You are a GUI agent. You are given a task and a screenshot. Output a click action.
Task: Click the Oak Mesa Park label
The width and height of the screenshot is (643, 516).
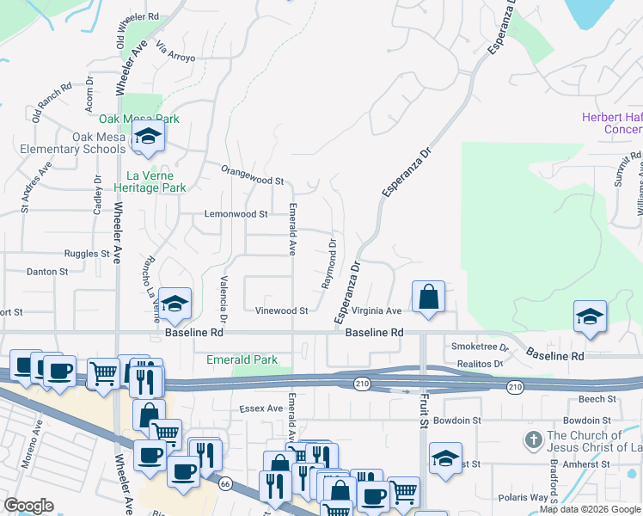pos(138,119)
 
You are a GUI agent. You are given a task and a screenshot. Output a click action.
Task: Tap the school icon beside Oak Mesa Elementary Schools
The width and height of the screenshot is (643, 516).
pos(148,137)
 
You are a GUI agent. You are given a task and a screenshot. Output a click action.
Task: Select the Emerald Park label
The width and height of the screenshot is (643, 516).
pos(242,359)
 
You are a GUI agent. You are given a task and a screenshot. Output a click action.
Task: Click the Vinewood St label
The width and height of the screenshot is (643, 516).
pos(282,310)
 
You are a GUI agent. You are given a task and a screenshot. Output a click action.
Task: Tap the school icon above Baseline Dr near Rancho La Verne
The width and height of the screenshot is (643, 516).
pos(175,303)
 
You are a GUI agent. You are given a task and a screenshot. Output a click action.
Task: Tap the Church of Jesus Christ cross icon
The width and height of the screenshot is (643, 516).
pos(533,440)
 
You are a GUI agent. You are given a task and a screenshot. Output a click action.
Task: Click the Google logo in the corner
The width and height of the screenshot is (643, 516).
pos(28,506)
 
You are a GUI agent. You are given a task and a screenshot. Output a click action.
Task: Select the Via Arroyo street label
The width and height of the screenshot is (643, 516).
pos(175,52)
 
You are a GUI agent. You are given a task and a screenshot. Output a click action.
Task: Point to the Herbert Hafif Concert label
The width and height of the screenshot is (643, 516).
pos(611,123)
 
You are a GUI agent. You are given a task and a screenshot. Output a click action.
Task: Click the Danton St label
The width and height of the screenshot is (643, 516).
pos(48,271)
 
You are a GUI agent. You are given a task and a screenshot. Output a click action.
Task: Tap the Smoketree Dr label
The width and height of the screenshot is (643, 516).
pos(479,347)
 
